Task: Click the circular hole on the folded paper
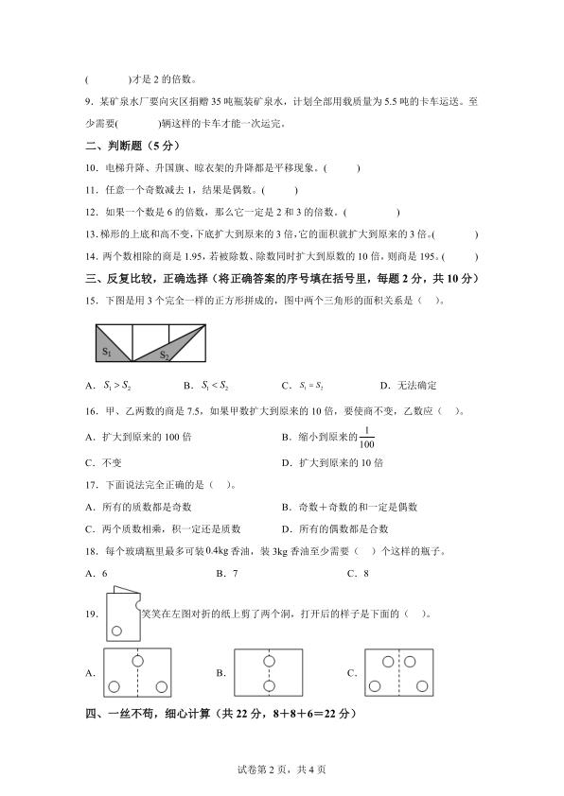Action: tap(117, 631)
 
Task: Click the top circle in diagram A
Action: tap(138, 658)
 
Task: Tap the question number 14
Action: tap(91, 256)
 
